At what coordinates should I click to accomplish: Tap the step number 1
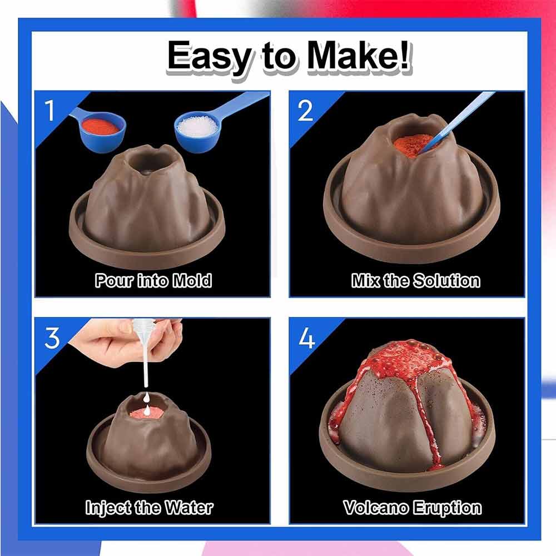tap(49, 110)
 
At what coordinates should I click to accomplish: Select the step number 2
tap(305, 110)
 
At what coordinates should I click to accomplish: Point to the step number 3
tap(52, 338)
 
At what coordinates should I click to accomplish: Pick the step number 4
tap(307, 338)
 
